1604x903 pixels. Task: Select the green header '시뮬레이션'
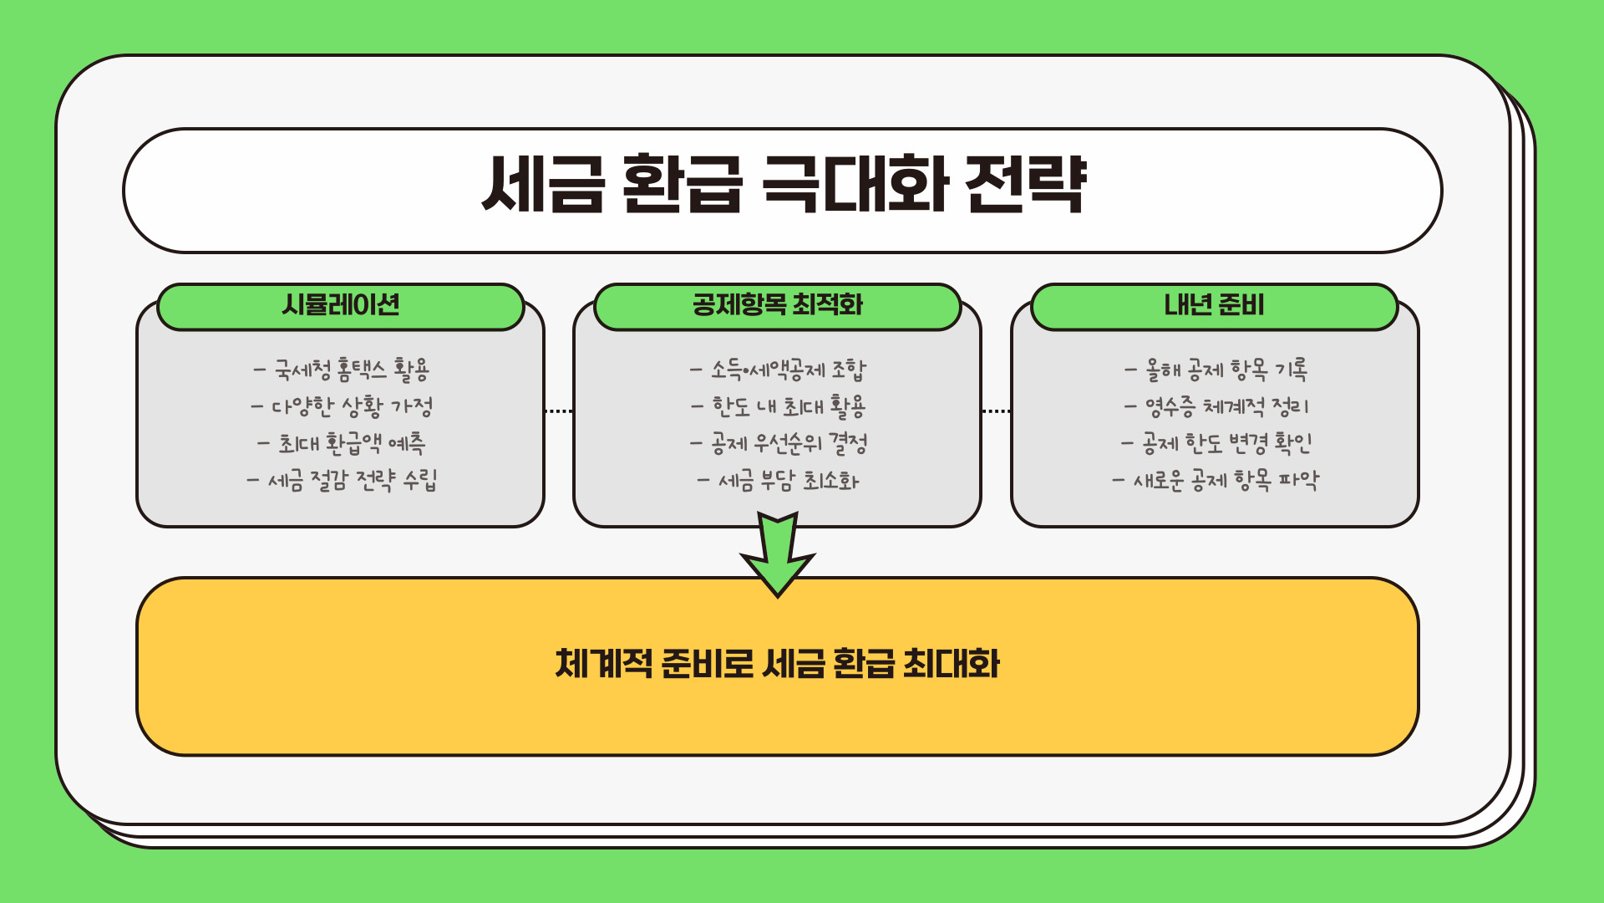click(x=341, y=305)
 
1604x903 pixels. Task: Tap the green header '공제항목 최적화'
click(x=777, y=305)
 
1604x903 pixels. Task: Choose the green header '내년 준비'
click(x=1214, y=305)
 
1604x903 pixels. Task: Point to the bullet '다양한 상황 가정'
click(x=343, y=407)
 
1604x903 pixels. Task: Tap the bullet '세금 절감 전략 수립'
click(x=343, y=481)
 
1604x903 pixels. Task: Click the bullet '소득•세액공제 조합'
click(x=779, y=370)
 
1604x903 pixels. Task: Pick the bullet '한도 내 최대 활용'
click(x=779, y=407)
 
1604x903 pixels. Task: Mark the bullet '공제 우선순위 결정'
click(x=779, y=443)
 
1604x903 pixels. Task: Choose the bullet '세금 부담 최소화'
click(x=779, y=481)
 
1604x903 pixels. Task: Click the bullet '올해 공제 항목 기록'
click(x=1216, y=370)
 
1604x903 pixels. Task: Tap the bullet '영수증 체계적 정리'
click(x=1216, y=407)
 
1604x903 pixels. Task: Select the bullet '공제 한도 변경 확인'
click(x=1216, y=443)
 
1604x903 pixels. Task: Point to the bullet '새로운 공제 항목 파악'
click(x=1216, y=481)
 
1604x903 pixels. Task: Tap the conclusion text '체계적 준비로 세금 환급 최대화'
click(x=778, y=665)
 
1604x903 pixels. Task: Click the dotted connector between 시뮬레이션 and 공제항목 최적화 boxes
click(x=558, y=411)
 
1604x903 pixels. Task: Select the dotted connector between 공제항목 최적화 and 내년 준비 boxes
click(x=996, y=411)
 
